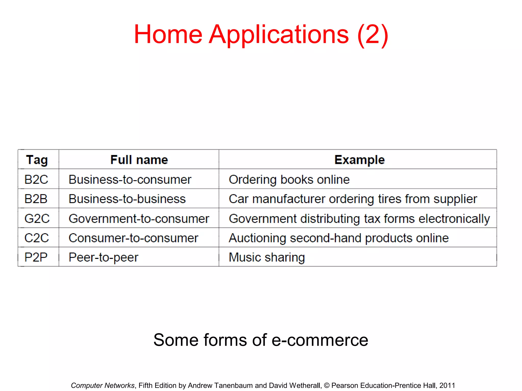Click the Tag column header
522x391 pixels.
tap(37, 160)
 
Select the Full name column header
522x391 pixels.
tap(139, 160)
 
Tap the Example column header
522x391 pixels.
tap(359, 160)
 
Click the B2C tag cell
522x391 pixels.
tap(36, 179)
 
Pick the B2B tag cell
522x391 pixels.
tap(36, 199)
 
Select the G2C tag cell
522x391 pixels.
tap(37, 219)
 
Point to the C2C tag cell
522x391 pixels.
tap(36, 238)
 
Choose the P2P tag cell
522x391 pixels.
tap(36, 257)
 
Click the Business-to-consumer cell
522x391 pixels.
tap(130, 179)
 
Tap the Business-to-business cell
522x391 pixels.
tap(127, 199)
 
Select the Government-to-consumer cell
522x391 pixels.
tap(139, 219)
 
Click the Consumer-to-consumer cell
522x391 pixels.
tap(133, 238)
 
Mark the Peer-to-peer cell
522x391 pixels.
tap(103, 257)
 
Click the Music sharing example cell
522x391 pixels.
tap(267, 257)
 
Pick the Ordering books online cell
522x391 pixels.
tap(289, 179)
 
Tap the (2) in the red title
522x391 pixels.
tap(373, 35)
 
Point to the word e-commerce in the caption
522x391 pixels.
tap(320, 340)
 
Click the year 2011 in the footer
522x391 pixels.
tap(447, 385)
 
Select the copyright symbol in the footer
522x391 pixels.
tap(327, 386)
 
